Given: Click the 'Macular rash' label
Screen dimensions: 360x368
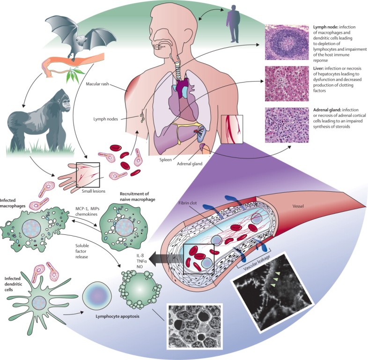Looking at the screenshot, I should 101,84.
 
